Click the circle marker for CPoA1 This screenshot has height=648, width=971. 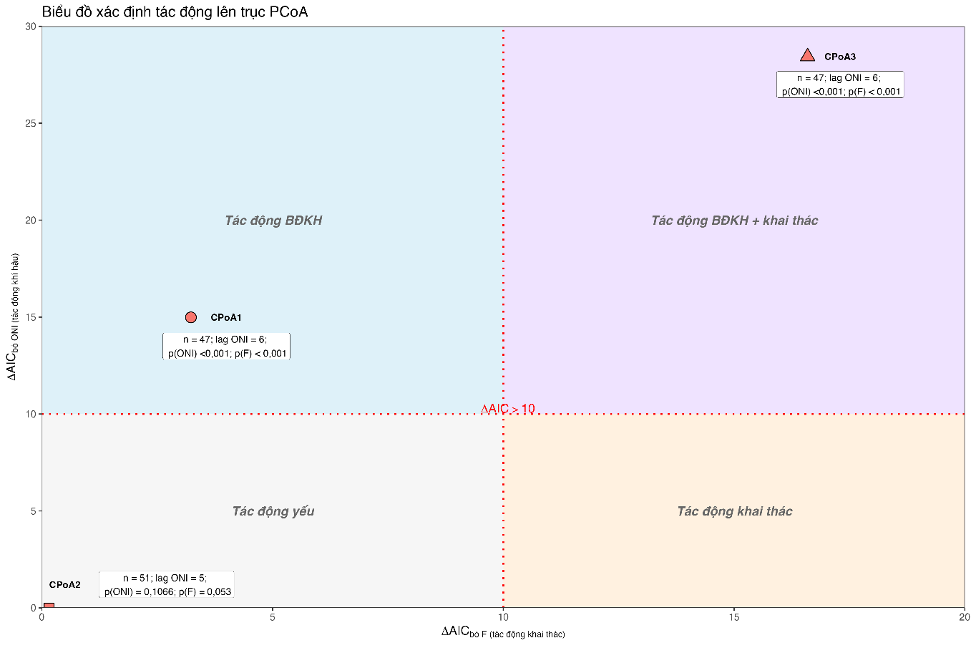click(x=190, y=317)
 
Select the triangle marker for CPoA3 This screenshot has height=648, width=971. click(x=807, y=56)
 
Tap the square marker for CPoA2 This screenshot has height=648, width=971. click(x=49, y=606)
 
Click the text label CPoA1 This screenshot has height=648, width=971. click(x=225, y=318)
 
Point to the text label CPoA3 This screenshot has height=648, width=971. click(x=839, y=57)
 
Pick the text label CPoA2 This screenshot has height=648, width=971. click(x=64, y=585)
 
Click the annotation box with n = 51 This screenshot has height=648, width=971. click(x=166, y=584)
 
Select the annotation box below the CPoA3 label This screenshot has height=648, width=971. click(x=839, y=84)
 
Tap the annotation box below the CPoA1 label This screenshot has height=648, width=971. click(x=226, y=347)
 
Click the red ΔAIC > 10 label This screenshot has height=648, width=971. click(x=507, y=409)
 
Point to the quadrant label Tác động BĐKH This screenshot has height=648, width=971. click(x=273, y=221)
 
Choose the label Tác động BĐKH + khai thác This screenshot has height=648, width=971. click(x=734, y=221)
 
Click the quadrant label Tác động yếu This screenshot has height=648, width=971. click(x=273, y=511)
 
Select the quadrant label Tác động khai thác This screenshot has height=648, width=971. click(x=734, y=511)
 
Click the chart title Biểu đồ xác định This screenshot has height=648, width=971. click(x=175, y=11)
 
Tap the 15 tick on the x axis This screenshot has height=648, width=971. click(x=734, y=617)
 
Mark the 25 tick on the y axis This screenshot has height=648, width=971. click(x=30, y=123)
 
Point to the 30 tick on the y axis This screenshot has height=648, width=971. click(x=30, y=26)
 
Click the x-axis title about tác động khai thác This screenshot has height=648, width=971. click(x=502, y=632)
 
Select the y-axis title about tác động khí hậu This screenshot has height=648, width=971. click(x=13, y=316)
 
